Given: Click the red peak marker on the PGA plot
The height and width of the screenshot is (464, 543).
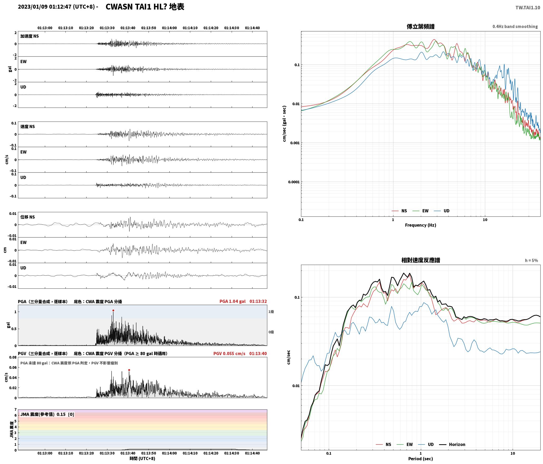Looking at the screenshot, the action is pos(113,311).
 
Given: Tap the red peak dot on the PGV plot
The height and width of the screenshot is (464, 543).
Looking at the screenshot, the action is pos(129,370).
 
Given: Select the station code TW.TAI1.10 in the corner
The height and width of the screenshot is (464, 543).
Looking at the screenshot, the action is pos(528,8).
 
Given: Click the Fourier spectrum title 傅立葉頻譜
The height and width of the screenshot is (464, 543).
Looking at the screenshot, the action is pos(421,27).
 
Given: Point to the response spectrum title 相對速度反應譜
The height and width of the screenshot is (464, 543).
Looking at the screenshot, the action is pos(421,260).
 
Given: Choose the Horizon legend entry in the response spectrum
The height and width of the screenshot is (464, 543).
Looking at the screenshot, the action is pos(452,444).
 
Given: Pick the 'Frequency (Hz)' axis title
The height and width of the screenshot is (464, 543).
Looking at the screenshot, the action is pos(421,225).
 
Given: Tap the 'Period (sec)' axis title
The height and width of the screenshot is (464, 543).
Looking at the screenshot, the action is pos(421,459).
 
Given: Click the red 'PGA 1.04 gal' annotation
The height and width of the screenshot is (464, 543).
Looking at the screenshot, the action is pos(232,301).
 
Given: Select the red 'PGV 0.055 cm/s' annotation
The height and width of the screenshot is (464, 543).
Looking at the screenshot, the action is pos(229,354).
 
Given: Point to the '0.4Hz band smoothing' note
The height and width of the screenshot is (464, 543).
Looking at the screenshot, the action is pos(515,27).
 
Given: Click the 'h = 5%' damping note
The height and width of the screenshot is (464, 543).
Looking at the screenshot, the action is pos(531,260).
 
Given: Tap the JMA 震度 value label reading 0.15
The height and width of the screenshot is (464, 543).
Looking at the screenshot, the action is pos(61,414).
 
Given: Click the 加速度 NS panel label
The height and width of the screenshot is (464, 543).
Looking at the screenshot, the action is pos(30,36).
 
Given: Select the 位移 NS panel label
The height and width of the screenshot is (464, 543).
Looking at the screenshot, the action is pos(28,217).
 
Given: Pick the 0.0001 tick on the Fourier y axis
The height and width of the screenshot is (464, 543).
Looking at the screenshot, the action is pos(293,182).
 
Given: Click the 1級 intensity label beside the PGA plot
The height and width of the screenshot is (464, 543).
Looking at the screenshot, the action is pos(271,312).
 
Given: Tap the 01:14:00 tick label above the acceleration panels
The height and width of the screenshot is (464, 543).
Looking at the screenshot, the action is pos(169,28).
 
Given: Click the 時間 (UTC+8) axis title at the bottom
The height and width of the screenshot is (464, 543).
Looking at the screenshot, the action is pos(142,458).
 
